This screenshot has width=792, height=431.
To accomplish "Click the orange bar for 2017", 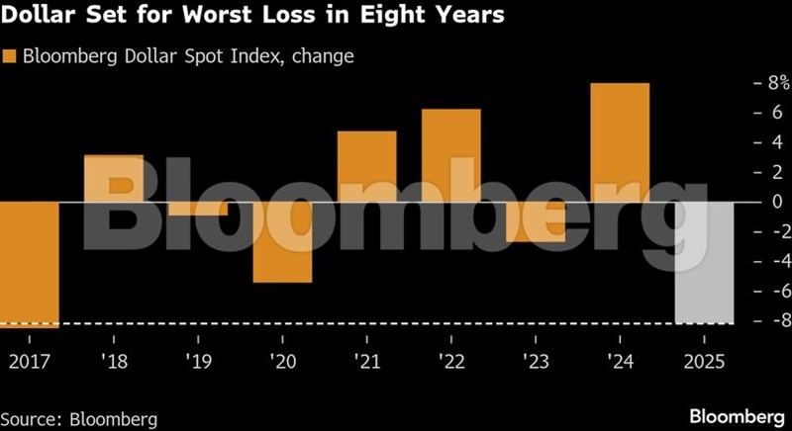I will click(30, 263).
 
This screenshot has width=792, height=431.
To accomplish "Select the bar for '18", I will click(114, 178).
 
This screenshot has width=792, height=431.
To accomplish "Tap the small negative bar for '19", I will click(198, 209).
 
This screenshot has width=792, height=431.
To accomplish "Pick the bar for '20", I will click(282, 242).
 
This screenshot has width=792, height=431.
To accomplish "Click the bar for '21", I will click(366, 166).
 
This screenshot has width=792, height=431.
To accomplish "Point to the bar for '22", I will click(450, 155).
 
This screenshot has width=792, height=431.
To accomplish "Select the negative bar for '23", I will click(536, 221).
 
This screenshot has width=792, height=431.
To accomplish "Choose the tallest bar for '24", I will click(620, 142).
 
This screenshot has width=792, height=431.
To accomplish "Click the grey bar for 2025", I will click(704, 262).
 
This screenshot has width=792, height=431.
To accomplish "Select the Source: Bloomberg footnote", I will click(79, 419).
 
